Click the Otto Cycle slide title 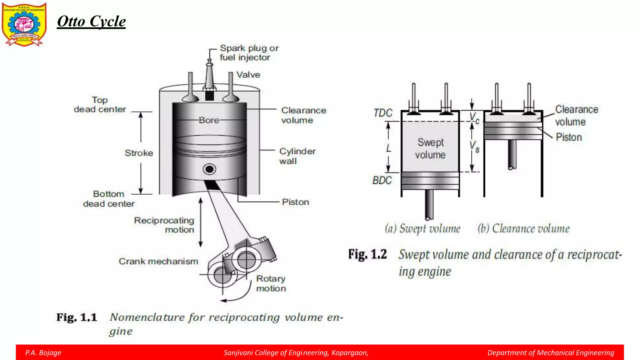click(x=91, y=22)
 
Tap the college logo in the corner click(x=24, y=24)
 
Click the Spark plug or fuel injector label click(x=249, y=53)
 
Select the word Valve click(x=248, y=75)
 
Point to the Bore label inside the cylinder click(x=209, y=120)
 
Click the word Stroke click(x=139, y=153)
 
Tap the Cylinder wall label click(x=297, y=156)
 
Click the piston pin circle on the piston click(x=209, y=169)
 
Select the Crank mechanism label click(x=158, y=261)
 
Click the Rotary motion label click(x=271, y=283)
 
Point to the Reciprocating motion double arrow click(x=201, y=222)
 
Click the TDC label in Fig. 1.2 click(x=383, y=113)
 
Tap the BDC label click(x=382, y=180)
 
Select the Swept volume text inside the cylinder click(x=430, y=148)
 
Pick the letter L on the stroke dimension click(x=388, y=148)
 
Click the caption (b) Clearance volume click(x=523, y=229)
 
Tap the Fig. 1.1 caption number click(x=77, y=317)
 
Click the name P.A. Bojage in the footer click(x=43, y=353)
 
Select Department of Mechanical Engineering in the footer click(x=551, y=353)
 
